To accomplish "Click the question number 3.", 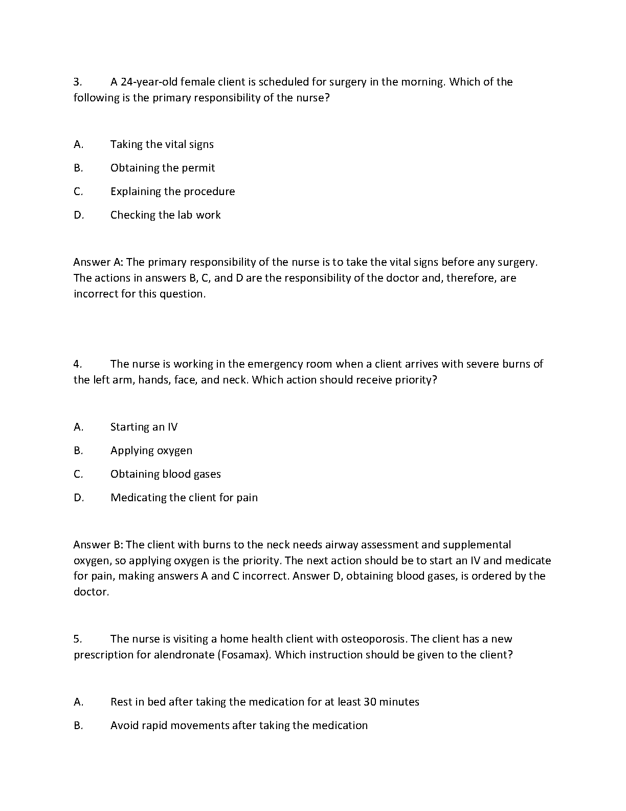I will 77,82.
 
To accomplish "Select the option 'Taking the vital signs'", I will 162,144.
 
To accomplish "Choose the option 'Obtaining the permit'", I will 162,168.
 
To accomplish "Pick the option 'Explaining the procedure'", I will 172,191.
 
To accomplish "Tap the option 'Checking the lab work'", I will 165,215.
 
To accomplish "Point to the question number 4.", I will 77,364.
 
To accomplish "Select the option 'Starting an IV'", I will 144,427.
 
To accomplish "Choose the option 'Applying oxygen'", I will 151,451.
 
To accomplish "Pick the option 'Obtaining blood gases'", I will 165,474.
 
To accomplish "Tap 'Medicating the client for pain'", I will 184,498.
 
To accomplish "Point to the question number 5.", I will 77,639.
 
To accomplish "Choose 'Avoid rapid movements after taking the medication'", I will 239,725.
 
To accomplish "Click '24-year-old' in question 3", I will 149,82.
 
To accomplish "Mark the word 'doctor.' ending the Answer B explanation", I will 92,592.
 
